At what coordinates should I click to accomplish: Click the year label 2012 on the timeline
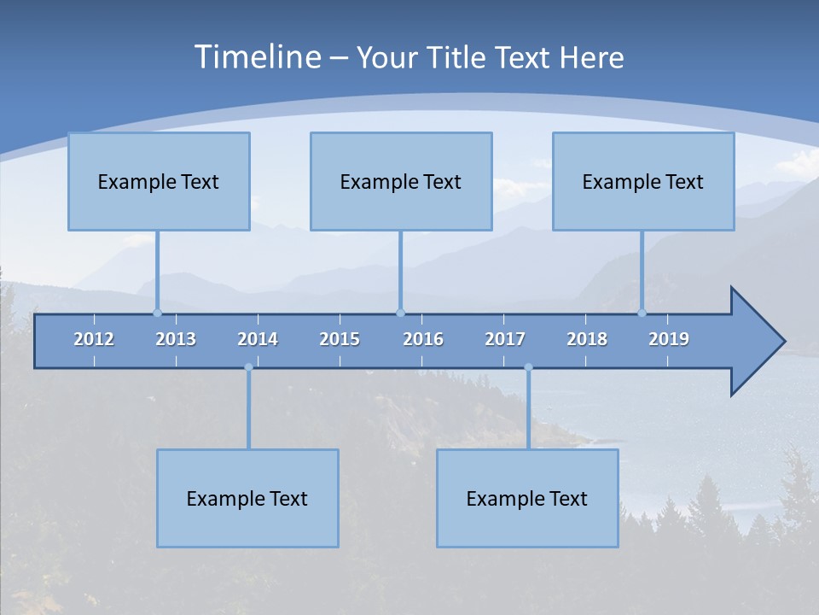click(94, 339)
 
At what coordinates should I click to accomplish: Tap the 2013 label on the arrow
click(176, 339)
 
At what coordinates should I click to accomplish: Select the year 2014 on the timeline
click(258, 339)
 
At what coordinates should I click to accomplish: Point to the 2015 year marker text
click(340, 339)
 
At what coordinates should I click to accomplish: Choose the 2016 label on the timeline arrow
click(423, 339)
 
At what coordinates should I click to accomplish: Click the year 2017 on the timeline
click(505, 339)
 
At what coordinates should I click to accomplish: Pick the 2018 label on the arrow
click(587, 339)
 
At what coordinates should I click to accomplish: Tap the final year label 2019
click(669, 339)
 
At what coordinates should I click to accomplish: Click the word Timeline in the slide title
click(258, 57)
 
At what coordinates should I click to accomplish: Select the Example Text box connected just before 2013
click(159, 181)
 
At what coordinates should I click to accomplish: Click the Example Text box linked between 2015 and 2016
click(401, 181)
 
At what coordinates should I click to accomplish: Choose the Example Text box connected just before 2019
click(643, 181)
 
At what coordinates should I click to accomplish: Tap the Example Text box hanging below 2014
click(247, 498)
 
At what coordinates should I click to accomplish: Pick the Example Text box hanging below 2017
click(527, 498)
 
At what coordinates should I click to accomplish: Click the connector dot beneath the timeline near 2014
click(248, 367)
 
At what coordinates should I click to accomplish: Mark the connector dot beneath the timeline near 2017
click(528, 367)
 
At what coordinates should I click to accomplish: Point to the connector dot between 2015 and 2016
click(400, 313)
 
